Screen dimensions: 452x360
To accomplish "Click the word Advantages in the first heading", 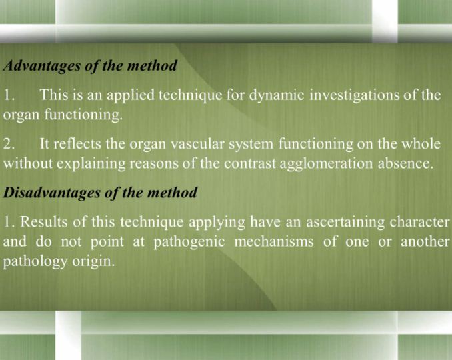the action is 42,66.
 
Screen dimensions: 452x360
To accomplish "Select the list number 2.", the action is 9,144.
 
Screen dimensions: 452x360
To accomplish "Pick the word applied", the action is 131,95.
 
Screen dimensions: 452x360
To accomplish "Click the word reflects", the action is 77,144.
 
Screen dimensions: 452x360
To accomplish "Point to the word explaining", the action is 91,164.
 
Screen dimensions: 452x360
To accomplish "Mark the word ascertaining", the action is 345,223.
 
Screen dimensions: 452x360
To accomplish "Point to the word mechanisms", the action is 274,242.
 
